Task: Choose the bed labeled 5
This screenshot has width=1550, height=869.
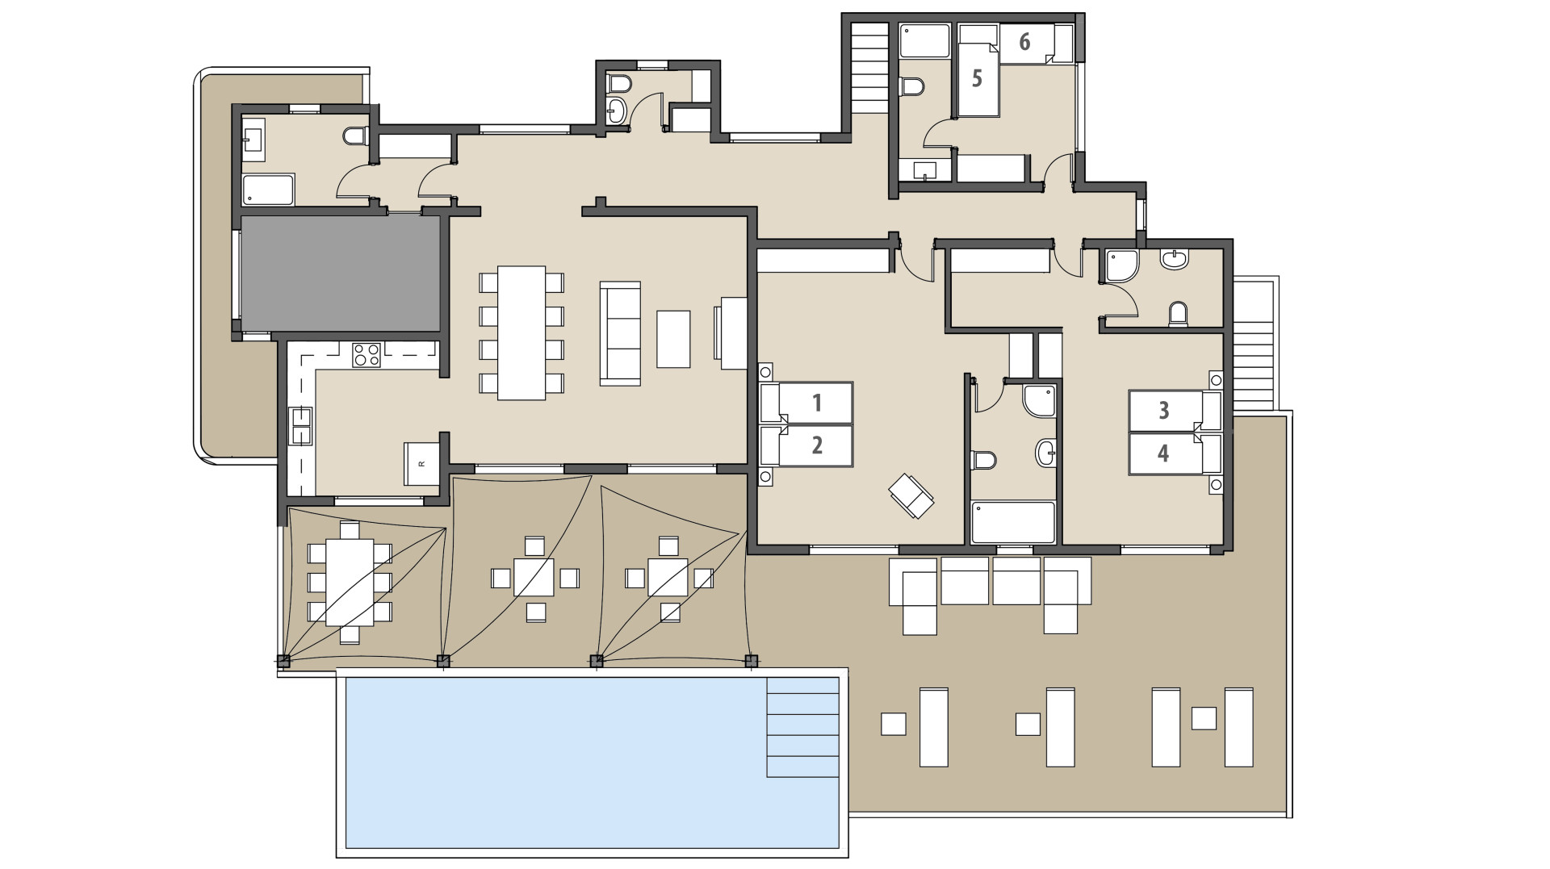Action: [x=978, y=79]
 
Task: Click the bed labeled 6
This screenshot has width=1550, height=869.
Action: [x=1025, y=42]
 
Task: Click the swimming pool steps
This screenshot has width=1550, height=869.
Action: [x=802, y=727]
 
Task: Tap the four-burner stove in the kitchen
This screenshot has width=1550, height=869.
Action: [x=366, y=354]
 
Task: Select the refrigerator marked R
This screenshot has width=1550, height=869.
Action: [x=421, y=463]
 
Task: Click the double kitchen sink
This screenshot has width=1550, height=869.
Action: [x=301, y=426]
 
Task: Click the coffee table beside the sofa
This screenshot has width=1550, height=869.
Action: [x=673, y=339]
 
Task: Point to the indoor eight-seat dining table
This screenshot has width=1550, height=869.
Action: [x=522, y=332]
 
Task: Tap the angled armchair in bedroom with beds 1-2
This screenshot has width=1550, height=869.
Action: [x=911, y=495]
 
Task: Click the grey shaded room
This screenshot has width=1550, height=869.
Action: [x=340, y=273]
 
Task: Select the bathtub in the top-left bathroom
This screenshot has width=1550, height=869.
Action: [x=269, y=190]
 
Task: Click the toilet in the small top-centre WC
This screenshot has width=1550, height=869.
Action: [x=619, y=84]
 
